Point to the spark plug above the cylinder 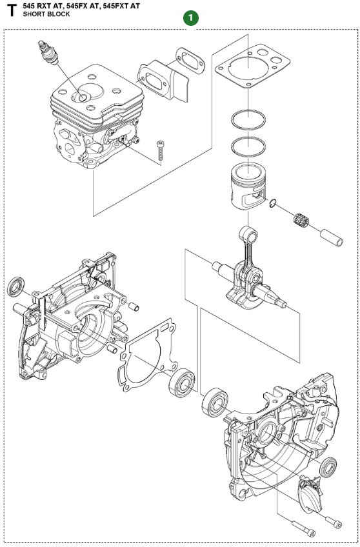[48, 53]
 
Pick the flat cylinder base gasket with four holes [248, 71]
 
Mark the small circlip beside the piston [275, 204]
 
